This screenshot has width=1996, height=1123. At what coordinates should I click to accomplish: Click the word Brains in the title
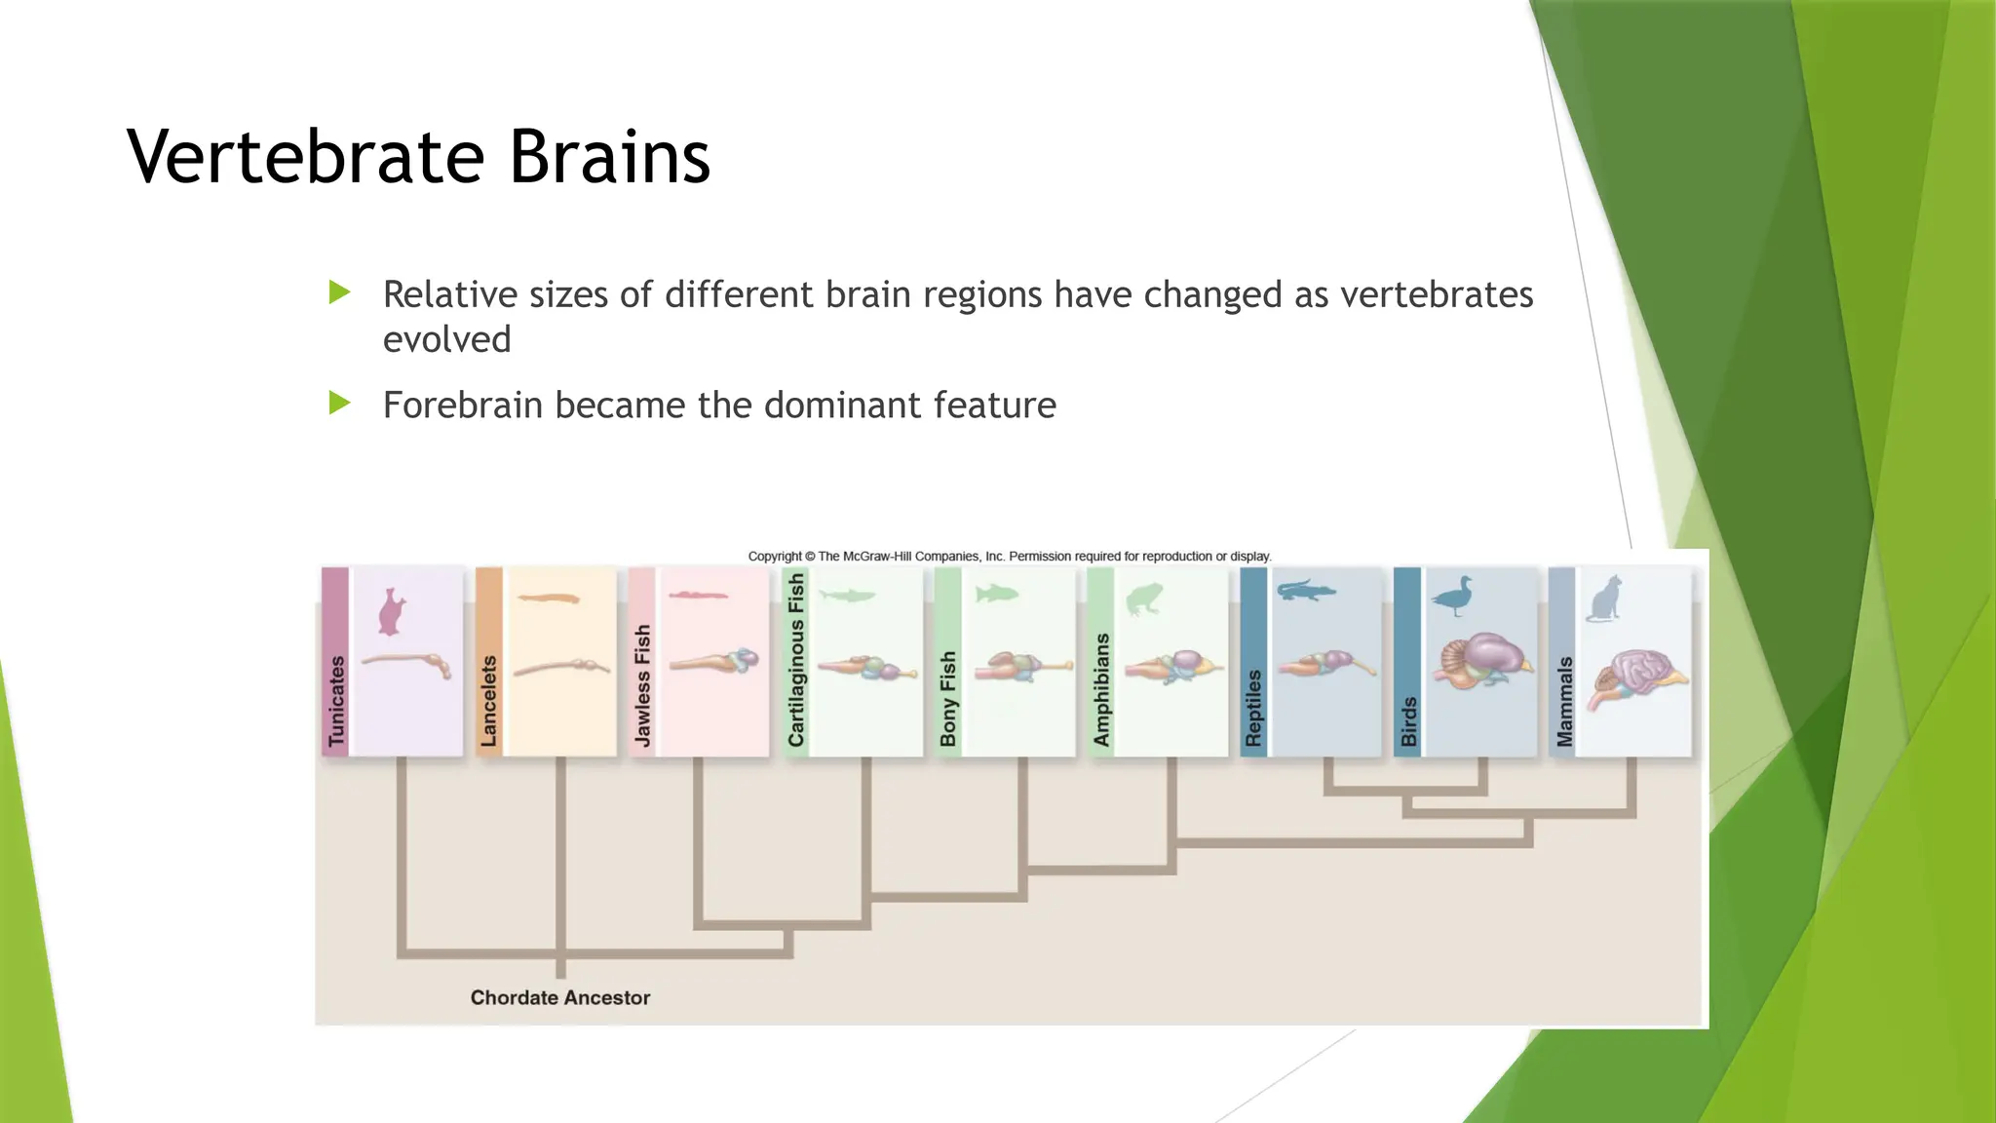tap(610, 157)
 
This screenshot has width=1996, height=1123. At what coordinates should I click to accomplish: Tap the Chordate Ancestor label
tap(559, 997)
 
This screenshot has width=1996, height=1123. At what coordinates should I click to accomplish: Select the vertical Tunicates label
tap(336, 701)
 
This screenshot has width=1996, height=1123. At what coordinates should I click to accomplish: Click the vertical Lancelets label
tap(489, 701)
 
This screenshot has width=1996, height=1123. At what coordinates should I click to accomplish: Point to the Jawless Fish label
tap(642, 685)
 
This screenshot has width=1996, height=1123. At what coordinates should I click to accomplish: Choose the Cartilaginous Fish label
tap(796, 660)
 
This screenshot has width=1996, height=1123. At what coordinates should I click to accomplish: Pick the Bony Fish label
tap(948, 698)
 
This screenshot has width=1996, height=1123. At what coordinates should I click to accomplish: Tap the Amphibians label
tap(1101, 689)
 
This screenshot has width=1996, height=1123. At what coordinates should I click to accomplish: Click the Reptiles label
tap(1254, 708)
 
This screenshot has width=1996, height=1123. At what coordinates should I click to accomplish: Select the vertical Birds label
tap(1408, 721)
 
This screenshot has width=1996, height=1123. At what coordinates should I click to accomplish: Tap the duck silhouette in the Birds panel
tap(1454, 597)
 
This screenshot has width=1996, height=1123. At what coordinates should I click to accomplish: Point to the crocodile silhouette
tap(1305, 590)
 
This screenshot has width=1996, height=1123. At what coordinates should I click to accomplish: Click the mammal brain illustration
tap(1641, 678)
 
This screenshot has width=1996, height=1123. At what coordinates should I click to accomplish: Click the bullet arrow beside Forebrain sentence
tap(339, 403)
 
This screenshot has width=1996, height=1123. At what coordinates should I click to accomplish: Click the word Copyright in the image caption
tap(775, 557)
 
